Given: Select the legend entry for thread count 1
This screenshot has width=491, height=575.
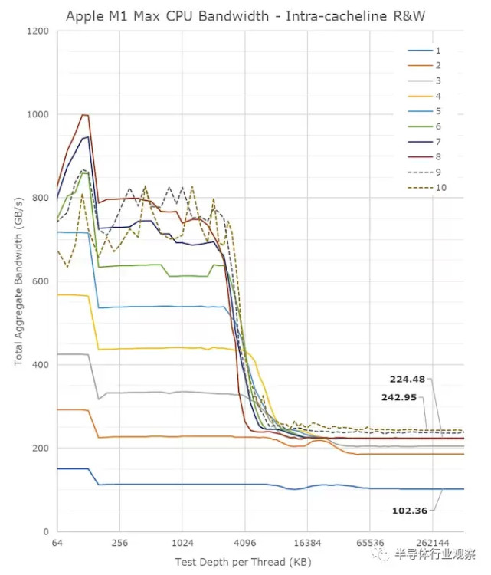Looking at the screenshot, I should (437, 50).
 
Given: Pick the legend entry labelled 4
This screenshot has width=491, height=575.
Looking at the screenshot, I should (437, 96).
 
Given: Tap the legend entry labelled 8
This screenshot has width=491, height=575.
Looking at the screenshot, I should (437, 157).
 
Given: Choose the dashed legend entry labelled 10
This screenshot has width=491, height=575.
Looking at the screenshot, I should (440, 188).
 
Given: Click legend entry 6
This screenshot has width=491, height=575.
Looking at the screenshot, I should (437, 127).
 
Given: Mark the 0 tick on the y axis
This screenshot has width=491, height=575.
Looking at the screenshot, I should (46, 531).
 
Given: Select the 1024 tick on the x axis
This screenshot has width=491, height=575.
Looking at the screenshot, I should (182, 543).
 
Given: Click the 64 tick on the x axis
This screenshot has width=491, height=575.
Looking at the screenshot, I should (57, 543).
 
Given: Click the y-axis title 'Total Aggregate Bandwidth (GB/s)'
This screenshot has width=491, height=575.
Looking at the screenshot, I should (18, 281).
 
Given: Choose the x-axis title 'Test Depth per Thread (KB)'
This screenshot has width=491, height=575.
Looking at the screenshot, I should (244, 562).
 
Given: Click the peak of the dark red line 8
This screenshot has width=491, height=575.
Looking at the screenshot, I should (84, 115).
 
